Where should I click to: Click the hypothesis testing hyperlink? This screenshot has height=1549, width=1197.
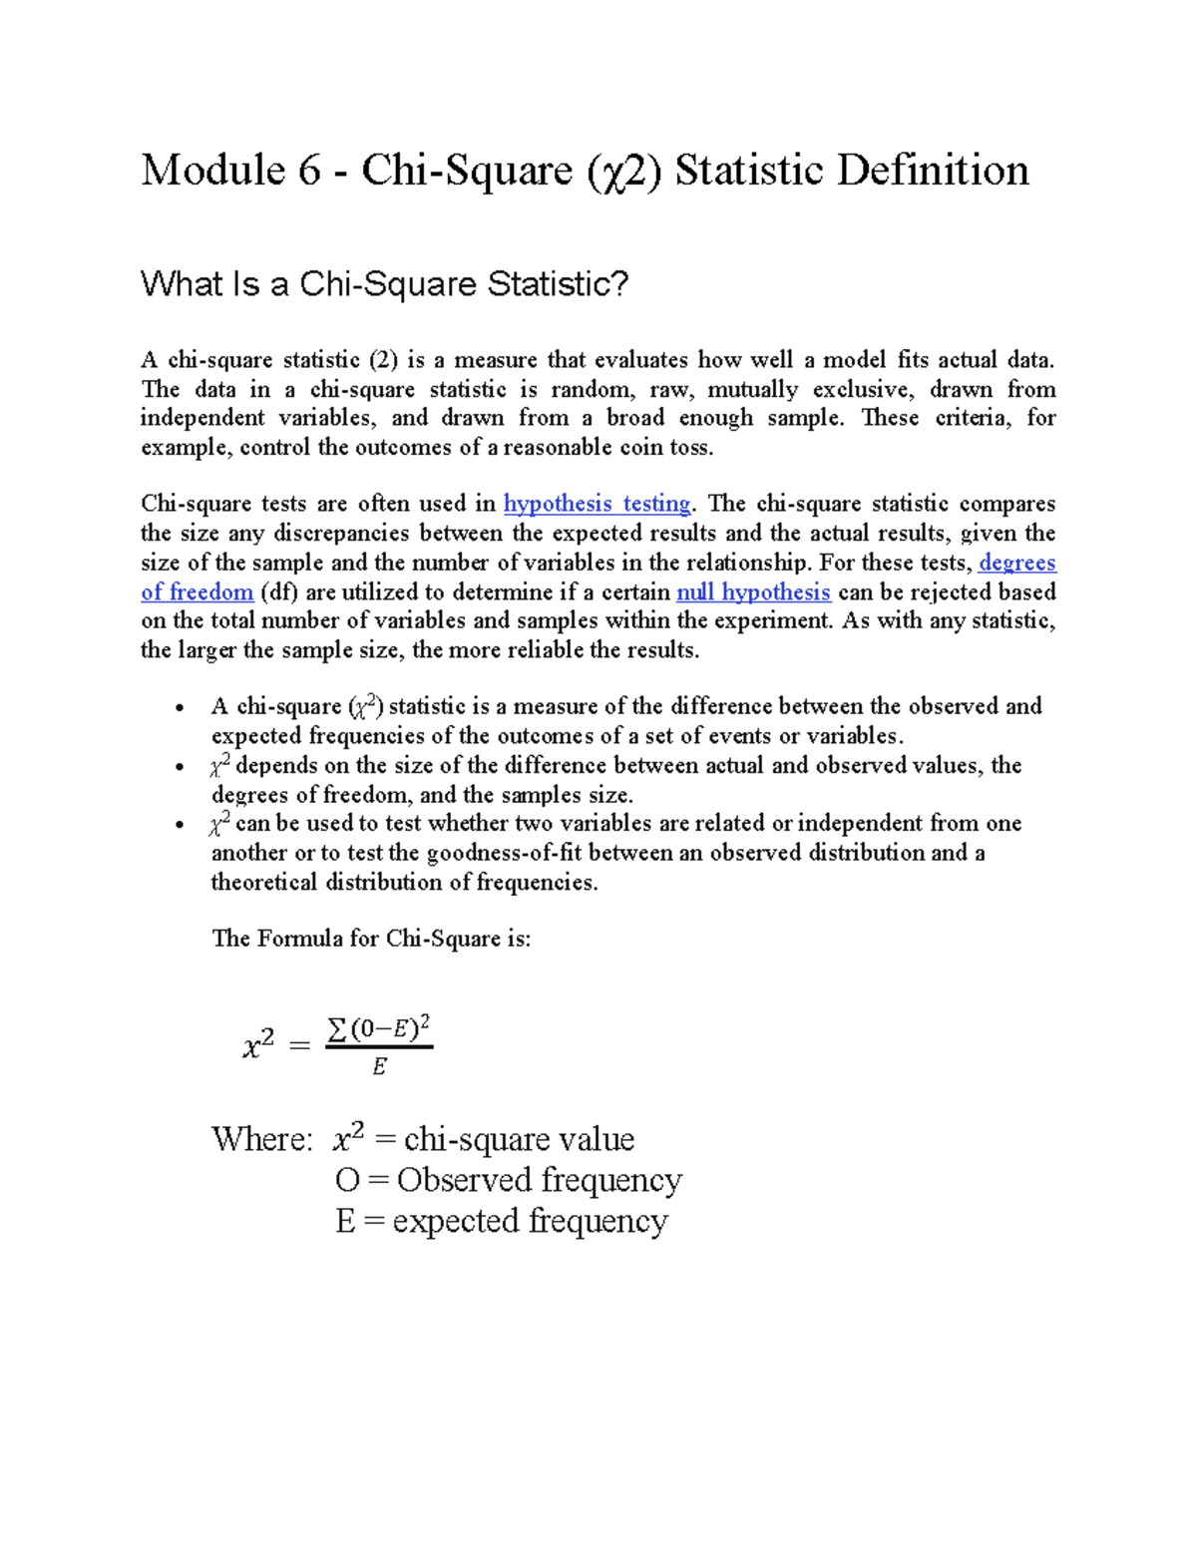598,504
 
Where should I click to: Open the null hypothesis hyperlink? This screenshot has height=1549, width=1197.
753,592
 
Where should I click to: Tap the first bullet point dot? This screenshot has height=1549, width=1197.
179,709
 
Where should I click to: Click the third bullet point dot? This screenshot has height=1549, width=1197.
179,826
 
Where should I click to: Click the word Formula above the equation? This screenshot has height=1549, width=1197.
300,939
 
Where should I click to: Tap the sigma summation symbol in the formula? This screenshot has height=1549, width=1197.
337,1029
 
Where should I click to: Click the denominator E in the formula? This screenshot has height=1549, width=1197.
379,1067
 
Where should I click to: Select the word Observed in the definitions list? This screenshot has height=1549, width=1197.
464,1180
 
